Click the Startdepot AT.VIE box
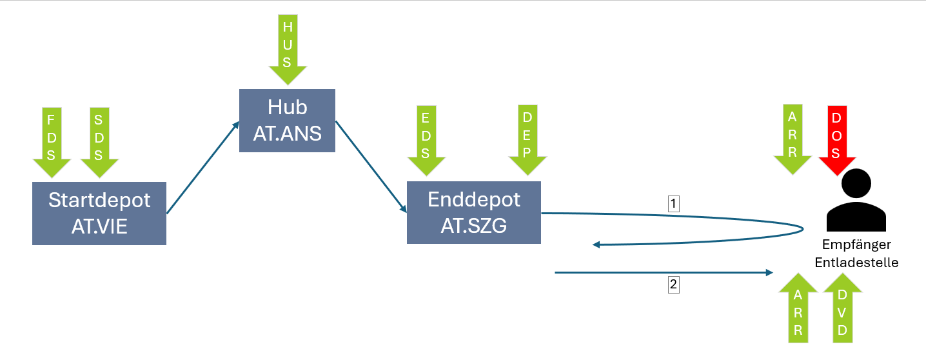point(99,213)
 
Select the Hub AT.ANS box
point(287,120)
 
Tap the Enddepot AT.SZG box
point(474,212)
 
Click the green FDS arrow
point(52,142)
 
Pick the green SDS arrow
point(99,142)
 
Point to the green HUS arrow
point(288,48)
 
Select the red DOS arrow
point(836,139)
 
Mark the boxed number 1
point(674,204)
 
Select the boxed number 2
point(674,285)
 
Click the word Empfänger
point(856,245)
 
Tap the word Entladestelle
point(856,263)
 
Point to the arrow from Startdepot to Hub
point(202,168)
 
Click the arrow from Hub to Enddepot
point(371,166)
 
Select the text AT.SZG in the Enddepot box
point(474,226)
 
